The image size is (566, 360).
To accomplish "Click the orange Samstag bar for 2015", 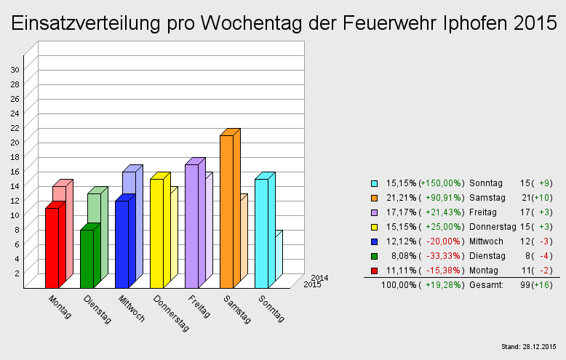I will (226, 211).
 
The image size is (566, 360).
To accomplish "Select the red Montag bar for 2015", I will (52, 247).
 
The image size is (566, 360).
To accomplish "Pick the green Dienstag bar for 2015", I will (87, 258).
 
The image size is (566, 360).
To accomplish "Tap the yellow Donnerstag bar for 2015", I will (156, 233).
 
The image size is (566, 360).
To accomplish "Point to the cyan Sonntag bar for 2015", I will (261, 233).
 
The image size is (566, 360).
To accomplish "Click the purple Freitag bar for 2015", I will (191, 225).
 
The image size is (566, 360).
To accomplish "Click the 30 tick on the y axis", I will (15, 69).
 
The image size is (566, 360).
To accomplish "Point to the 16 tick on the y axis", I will (15, 171).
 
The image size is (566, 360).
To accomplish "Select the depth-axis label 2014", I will (319, 277).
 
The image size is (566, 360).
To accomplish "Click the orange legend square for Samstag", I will (374, 198).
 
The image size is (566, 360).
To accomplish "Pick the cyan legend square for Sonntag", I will (374, 183).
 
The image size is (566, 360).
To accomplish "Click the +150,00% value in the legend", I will (442, 183).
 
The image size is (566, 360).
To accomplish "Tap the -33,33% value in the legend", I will (443, 256).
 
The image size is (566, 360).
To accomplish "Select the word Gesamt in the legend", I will (487, 285).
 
